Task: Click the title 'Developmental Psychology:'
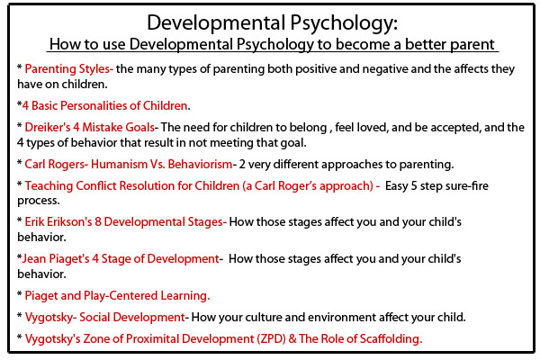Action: pyautogui.click(x=269, y=22)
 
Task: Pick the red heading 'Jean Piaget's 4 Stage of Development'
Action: pyautogui.click(x=121, y=258)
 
